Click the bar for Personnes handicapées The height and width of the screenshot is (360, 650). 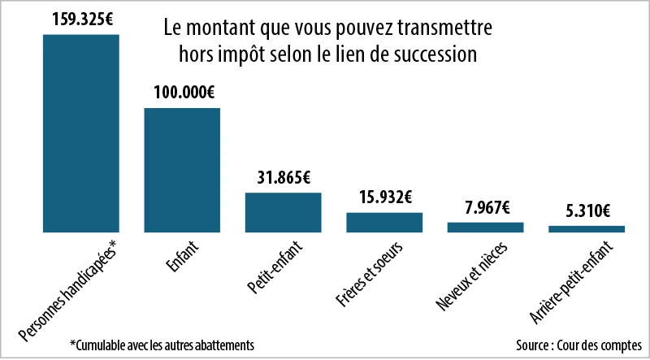pos(80,133)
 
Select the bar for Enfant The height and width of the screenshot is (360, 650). pos(182,170)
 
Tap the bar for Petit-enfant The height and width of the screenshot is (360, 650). pos(284,212)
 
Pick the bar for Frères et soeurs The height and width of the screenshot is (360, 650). pos(384,223)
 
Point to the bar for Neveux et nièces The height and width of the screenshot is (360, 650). pos(486,228)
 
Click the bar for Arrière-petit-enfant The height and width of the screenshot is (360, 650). pos(587,229)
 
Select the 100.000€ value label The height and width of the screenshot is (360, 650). pos(182,92)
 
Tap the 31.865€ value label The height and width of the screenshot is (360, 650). pos(284,177)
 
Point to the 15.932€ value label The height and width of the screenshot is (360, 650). pos(384,197)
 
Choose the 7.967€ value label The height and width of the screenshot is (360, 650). pos(486,206)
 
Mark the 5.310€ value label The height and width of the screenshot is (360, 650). pos(587,211)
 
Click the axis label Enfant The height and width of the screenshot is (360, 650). pos(183,256)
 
